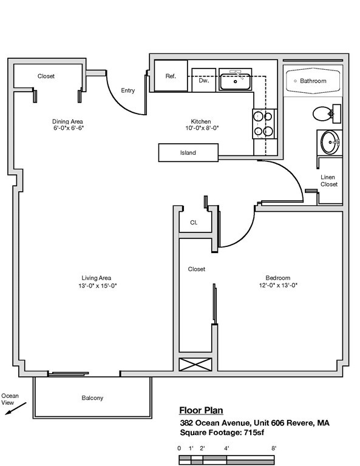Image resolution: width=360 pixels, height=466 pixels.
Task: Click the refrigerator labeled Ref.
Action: [171, 76]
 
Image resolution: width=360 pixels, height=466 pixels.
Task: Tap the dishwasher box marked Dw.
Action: [203, 80]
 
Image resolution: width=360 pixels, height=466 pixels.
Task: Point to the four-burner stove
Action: [265, 124]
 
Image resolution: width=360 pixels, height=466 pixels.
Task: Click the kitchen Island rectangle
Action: [188, 153]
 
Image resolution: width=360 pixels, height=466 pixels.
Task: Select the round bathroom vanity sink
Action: [330, 143]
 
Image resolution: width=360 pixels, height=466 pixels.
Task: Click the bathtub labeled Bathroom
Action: [313, 81]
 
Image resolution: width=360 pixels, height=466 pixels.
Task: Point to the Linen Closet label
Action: [329, 181]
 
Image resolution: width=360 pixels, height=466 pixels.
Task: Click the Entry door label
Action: [128, 90]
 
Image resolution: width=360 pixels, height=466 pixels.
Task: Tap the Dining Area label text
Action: [67, 121]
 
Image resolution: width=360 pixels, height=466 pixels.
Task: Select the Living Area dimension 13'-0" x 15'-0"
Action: [98, 286]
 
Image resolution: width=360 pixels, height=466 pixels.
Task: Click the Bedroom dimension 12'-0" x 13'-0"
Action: [278, 285]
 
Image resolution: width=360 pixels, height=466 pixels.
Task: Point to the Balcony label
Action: [92, 398]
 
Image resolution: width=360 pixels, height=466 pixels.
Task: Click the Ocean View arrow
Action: [16, 408]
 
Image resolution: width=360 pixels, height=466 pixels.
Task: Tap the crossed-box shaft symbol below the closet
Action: [195, 365]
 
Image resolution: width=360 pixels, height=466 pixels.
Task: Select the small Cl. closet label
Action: [194, 223]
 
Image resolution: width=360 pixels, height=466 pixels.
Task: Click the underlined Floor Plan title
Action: [201, 410]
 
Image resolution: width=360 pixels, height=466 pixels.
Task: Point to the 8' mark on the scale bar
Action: [274, 448]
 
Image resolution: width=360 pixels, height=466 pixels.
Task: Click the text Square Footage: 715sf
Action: [222, 433]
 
